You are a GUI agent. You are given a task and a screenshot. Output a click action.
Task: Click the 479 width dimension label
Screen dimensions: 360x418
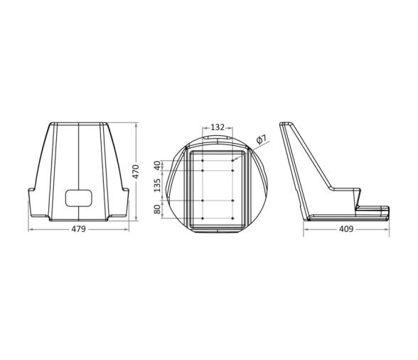(x=78, y=229)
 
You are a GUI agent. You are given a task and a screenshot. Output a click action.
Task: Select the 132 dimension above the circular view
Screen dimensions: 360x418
(x=218, y=127)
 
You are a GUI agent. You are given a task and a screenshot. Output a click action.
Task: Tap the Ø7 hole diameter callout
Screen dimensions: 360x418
(x=261, y=139)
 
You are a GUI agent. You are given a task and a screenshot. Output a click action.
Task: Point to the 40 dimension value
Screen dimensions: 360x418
(x=158, y=165)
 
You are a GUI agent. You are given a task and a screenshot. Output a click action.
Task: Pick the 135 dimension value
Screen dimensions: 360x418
(x=158, y=186)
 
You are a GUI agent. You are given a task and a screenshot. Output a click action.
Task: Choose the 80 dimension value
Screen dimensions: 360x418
(x=158, y=210)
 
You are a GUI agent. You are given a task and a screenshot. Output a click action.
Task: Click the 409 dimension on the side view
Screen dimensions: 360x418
(x=346, y=229)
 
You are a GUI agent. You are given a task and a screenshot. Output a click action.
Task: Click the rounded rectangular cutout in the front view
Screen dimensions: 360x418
(x=79, y=197)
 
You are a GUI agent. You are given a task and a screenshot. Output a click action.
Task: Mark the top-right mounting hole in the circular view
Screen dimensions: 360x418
(x=233, y=162)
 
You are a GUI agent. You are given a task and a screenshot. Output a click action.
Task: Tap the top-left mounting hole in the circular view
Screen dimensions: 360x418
(x=203, y=162)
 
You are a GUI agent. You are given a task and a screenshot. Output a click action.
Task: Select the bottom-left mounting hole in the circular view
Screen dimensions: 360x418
(x=203, y=218)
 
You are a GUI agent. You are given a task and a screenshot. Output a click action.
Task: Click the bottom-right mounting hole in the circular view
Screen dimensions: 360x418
(x=233, y=218)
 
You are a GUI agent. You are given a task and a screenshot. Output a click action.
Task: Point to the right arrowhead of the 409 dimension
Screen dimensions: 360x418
(x=389, y=229)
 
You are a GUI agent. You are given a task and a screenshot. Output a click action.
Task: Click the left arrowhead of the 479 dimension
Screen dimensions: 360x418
(x=31, y=229)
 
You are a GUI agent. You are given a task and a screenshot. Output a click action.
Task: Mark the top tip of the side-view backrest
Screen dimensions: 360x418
(x=282, y=125)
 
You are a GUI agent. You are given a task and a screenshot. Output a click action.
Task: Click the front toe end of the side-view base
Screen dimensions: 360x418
(x=389, y=211)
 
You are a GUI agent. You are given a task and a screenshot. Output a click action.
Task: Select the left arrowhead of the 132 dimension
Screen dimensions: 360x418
(x=205, y=132)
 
